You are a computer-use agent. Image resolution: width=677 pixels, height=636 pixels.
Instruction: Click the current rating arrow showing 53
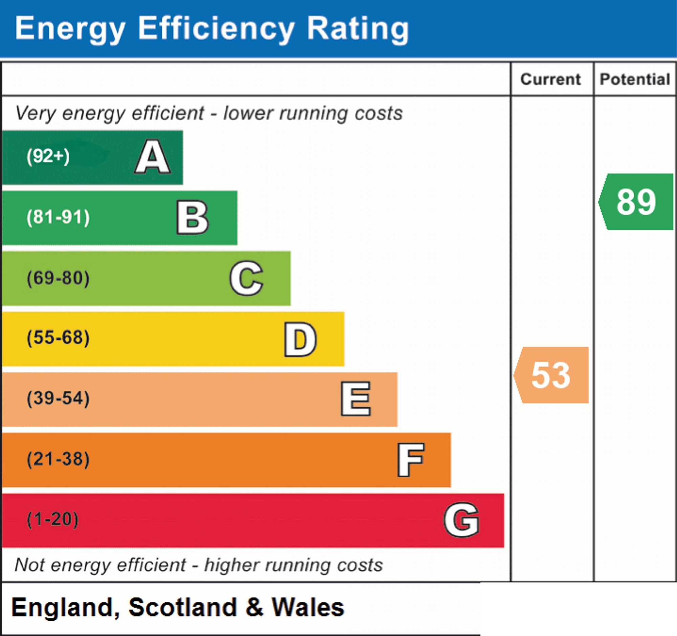point(551,375)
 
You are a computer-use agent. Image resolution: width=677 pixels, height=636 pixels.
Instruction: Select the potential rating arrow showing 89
point(636,202)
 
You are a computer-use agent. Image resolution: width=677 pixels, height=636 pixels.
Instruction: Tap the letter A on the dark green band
point(153,157)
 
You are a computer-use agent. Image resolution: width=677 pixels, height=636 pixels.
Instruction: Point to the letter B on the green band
point(192,217)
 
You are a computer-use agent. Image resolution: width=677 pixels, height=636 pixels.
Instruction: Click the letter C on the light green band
point(246,278)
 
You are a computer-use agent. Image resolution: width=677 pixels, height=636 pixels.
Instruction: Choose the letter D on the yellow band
point(300,339)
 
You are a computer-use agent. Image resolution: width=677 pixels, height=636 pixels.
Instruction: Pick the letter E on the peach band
point(355,399)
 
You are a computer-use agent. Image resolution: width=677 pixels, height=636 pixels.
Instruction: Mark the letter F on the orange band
point(411,460)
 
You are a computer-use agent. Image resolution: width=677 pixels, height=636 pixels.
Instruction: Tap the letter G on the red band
point(461,520)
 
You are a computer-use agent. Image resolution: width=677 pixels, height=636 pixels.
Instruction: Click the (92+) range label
point(48,156)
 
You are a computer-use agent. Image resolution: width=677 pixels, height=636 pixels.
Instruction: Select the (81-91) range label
point(58,217)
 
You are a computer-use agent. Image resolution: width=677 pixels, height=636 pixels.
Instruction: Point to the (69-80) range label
point(58,278)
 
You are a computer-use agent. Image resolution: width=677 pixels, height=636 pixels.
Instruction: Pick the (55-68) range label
point(58,338)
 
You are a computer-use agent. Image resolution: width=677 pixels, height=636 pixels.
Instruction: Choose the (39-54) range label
point(58,398)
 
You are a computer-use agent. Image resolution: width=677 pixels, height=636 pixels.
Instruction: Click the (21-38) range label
point(58,459)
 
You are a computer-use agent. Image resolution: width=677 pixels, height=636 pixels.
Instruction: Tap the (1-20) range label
point(52,520)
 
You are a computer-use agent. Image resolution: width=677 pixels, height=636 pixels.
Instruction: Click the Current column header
point(551,79)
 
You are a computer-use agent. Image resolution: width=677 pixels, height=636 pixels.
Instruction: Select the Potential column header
point(635,79)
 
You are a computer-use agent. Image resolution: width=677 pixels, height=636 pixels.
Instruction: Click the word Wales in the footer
point(308,608)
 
